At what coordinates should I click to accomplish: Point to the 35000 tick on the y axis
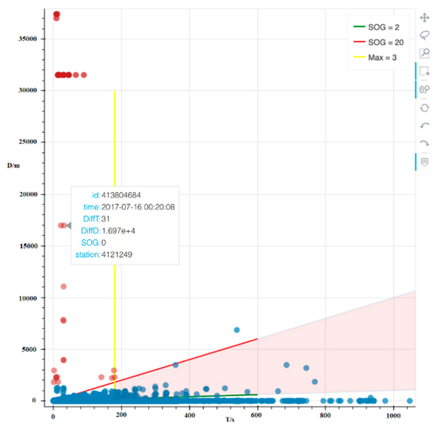tap(28, 39)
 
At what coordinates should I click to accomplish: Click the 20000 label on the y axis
tap(28, 194)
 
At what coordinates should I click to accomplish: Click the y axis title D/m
tap(13, 166)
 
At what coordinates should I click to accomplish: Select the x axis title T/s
tap(230, 420)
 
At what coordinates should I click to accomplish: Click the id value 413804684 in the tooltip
tap(121, 195)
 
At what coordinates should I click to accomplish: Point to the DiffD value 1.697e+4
tap(118, 231)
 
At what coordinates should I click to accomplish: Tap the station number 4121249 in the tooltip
tap(117, 254)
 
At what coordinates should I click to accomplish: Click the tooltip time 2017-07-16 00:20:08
tap(138, 207)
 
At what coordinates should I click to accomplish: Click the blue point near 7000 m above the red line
tap(237, 330)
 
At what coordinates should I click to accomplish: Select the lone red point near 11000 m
tap(64, 286)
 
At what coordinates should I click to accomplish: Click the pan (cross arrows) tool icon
tap(425, 18)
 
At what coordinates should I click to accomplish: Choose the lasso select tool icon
tap(425, 35)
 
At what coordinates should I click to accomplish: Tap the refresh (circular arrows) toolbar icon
tap(425, 108)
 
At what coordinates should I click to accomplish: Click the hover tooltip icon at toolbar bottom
tap(425, 162)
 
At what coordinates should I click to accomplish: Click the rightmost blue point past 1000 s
tap(410, 401)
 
